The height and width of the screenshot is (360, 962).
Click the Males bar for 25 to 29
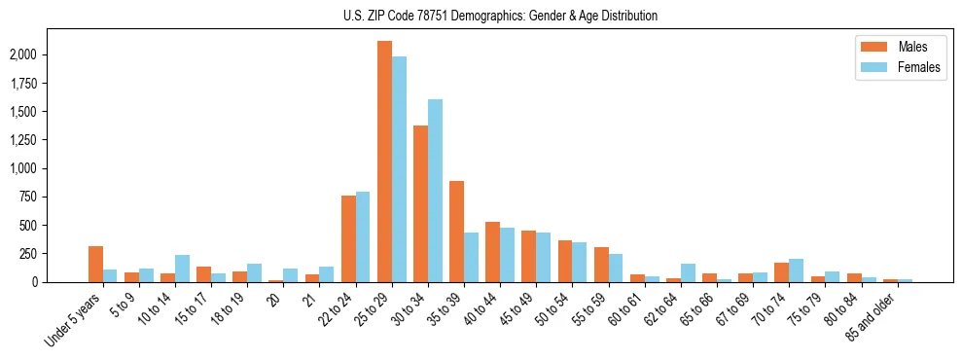coord(384,162)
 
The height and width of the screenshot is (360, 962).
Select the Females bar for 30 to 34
coord(435,191)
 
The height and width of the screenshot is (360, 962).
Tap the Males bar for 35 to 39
coord(456,232)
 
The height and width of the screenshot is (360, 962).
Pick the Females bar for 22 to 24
coord(363,236)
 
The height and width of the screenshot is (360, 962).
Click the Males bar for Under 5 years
coord(95,264)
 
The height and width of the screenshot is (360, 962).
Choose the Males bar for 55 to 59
coord(601,265)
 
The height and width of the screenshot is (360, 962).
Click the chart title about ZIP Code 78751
coord(500,17)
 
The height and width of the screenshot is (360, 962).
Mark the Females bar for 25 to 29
coord(399,169)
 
